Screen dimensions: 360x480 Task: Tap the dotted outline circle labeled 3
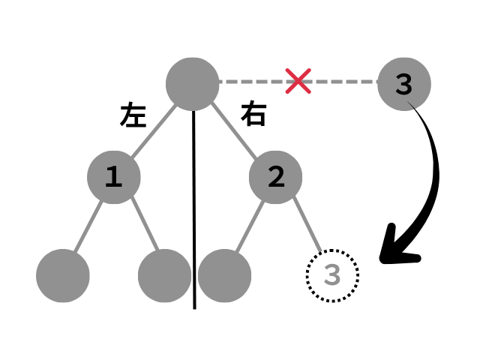pyautogui.click(x=332, y=275)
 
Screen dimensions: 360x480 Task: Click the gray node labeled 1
pyautogui.click(x=113, y=177)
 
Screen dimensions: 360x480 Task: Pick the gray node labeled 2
pyautogui.click(x=275, y=177)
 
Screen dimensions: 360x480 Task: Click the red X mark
pyautogui.click(x=298, y=81)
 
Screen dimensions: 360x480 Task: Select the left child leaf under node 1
pyautogui.click(x=63, y=274)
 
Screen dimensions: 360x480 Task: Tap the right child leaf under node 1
pyautogui.click(x=165, y=274)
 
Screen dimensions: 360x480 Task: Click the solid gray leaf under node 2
pyautogui.click(x=224, y=274)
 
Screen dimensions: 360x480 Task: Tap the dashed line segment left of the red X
pyautogui.click(x=251, y=81)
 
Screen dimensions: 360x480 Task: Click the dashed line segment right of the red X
pyautogui.click(x=345, y=81)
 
